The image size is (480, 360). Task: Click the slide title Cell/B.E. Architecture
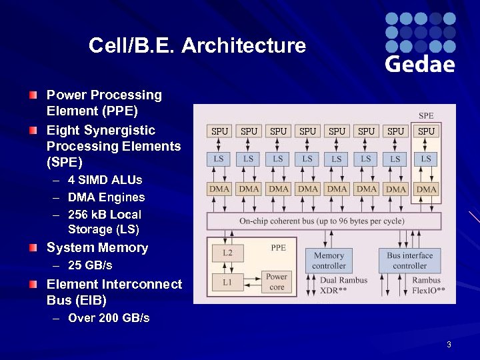point(197,45)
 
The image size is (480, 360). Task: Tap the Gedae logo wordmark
point(420,64)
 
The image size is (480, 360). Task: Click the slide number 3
point(449,345)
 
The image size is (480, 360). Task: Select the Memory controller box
point(329,260)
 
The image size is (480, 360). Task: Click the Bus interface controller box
point(409,260)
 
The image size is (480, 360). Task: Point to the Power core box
point(277,281)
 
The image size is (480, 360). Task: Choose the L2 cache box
point(227,253)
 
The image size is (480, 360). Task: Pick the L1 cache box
point(227,282)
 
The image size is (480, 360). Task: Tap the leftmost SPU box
point(219,131)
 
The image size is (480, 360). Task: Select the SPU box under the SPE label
point(426,131)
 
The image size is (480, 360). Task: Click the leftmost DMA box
point(219,189)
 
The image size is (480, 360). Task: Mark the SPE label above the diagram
point(426,116)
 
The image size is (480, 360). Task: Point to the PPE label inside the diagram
point(278,247)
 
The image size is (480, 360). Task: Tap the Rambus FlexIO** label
point(427,285)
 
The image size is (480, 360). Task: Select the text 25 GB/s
point(90,265)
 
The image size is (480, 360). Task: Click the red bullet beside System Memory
point(33,248)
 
